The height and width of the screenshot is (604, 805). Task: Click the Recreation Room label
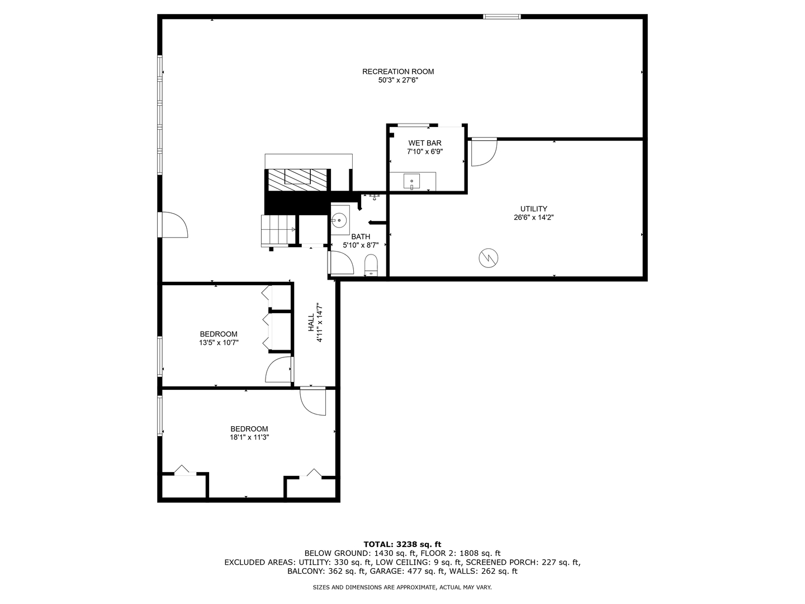click(398, 72)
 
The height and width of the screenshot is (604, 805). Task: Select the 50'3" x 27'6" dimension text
click(398, 81)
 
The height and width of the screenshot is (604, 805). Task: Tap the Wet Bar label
click(424, 143)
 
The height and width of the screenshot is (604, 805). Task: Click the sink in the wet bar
click(412, 181)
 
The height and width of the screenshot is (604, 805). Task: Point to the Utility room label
click(533, 209)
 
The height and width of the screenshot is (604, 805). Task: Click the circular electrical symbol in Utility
click(488, 258)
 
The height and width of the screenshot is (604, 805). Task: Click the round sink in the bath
click(339, 219)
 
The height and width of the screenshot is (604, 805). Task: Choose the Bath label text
click(361, 237)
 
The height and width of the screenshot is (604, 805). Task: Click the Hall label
click(311, 323)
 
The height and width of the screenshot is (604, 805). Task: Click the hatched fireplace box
click(297, 180)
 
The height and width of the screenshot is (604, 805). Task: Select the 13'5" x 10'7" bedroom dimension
click(219, 343)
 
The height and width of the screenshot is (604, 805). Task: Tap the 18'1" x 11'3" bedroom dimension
click(249, 438)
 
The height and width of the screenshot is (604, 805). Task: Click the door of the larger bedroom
click(312, 402)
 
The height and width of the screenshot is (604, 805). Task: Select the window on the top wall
click(501, 17)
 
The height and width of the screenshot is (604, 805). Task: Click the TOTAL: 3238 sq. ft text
click(402, 544)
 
